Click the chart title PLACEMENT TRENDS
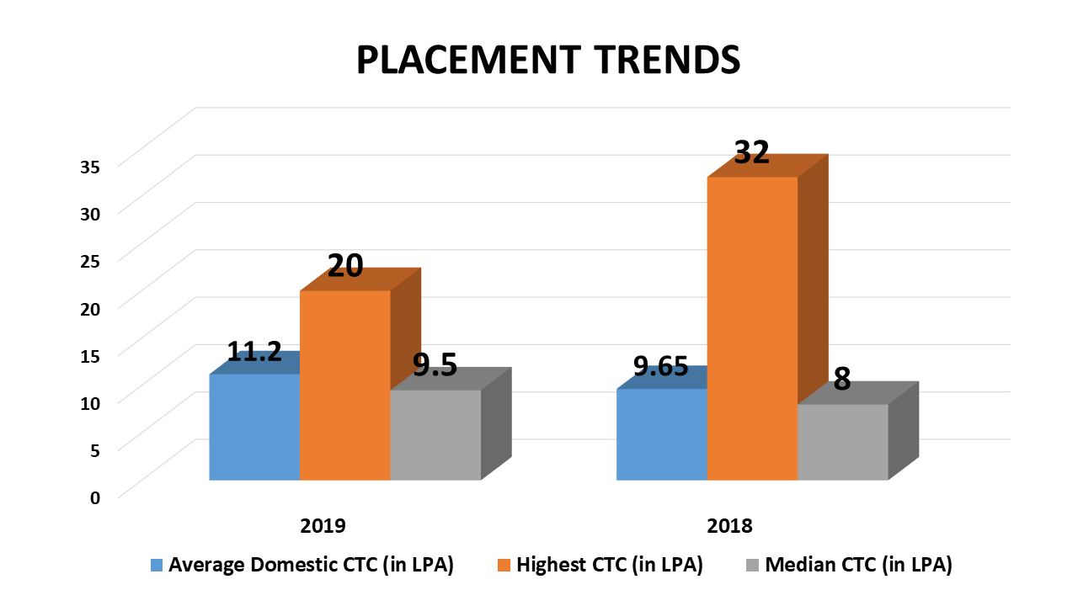[x=548, y=61]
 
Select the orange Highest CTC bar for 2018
[x=752, y=328]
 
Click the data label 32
[x=752, y=152]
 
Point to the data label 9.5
[x=435, y=365]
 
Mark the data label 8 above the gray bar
[x=842, y=379]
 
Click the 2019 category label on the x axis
[x=323, y=526]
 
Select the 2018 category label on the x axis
[x=730, y=526]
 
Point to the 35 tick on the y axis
[x=90, y=166]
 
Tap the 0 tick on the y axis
[x=95, y=497]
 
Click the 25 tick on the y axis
[x=90, y=260]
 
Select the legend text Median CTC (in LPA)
[x=858, y=566]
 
